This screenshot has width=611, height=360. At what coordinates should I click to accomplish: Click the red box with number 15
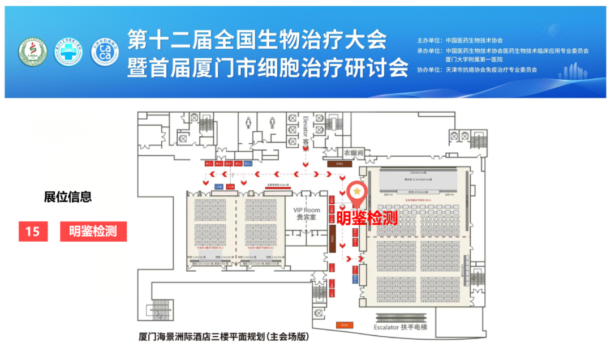coord(33,232)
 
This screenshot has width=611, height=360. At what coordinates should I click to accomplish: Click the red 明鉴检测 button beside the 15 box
coord(93,232)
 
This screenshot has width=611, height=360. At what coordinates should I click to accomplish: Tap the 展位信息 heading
coord(68,197)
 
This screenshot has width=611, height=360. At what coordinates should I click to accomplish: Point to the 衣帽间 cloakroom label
coord(354,153)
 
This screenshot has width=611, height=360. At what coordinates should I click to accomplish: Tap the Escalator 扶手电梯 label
coord(401,328)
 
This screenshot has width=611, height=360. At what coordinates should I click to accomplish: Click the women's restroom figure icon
coord(248,122)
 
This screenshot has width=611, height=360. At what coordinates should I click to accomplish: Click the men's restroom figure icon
coord(273,122)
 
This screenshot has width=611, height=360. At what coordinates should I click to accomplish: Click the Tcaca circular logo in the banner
coord(105,53)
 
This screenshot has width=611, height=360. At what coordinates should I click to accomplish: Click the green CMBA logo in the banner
coord(32,53)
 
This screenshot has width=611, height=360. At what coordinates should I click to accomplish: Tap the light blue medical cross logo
coord(68,53)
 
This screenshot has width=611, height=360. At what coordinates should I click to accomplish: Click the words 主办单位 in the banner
coord(428,41)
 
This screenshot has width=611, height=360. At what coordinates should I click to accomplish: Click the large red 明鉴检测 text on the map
coord(367,218)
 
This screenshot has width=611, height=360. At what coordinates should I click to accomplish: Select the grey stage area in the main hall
coord(418,181)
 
